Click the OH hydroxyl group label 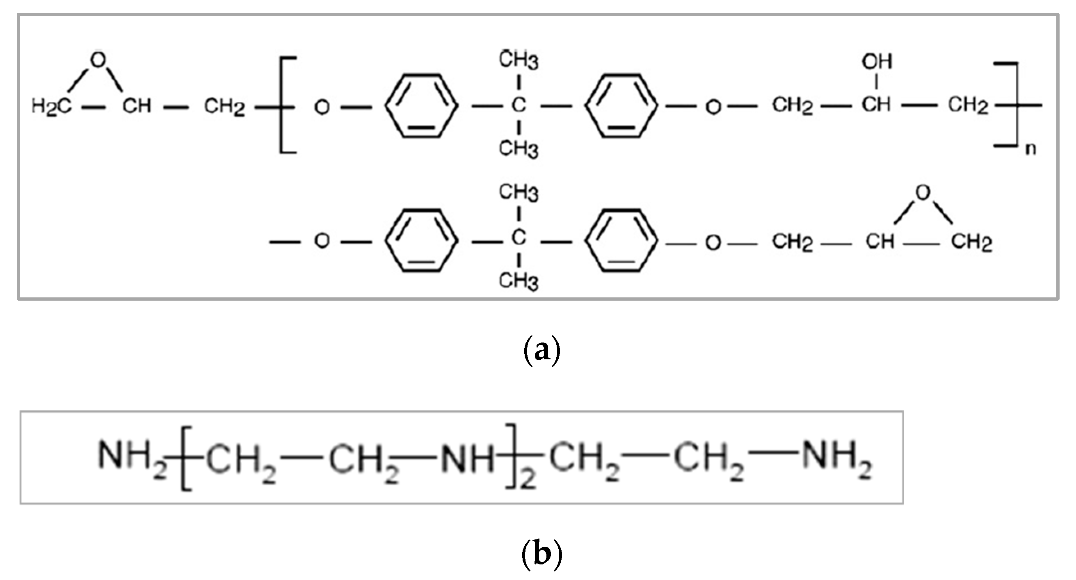pos(877,62)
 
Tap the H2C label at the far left pos(51,107)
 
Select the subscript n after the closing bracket pos(1030,149)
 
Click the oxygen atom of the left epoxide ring pos(98,60)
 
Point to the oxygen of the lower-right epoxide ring pos(923,192)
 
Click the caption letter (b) pos(542,555)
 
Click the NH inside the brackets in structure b pos(468,460)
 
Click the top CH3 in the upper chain pos(519,60)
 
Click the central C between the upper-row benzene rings pos(519,105)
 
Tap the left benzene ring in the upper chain pos(421,106)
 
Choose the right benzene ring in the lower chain pos(621,240)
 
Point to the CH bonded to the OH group pos(876,104)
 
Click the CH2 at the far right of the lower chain pos(971,242)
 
